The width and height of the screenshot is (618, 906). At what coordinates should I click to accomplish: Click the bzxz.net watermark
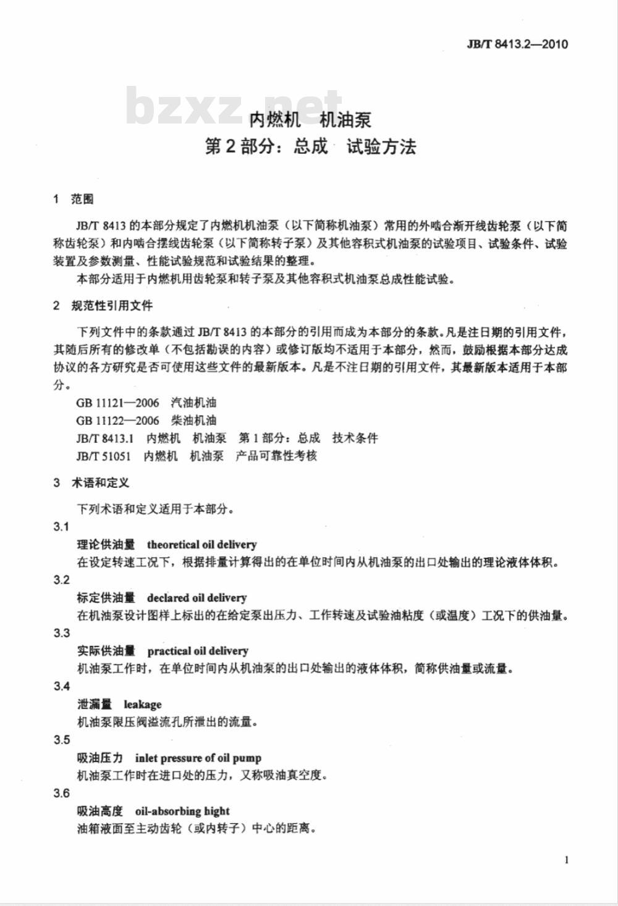(234, 106)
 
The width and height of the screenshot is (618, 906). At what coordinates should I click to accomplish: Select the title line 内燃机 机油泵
(310, 119)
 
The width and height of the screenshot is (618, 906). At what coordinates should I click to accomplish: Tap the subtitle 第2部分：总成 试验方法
(310, 147)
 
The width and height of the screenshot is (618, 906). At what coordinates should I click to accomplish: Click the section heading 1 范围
(74, 199)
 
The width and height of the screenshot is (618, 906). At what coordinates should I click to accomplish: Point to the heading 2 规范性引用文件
(103, 306)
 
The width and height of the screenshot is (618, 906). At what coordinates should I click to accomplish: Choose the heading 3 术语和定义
(91, 483)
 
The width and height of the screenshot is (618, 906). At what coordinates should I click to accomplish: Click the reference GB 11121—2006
(117, 403)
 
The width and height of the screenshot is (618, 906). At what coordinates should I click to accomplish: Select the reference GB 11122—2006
(117, 421)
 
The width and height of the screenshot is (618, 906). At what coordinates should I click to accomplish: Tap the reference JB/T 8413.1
(105, 438)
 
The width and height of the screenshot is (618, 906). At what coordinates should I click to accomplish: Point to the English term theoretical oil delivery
(201, 545)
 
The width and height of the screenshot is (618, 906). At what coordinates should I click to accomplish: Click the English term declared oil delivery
(197, 598)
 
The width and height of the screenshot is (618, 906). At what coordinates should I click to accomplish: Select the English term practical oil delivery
(198, 651)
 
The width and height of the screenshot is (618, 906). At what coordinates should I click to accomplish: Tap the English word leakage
(142, 705)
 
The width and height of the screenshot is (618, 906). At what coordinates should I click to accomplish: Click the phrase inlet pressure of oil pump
(198, 758)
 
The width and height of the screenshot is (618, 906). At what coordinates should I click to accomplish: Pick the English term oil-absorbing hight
(182, 811)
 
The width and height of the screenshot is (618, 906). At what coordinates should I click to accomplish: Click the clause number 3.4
(62, 686)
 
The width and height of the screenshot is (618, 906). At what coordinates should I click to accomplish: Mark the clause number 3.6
(62, 793)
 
